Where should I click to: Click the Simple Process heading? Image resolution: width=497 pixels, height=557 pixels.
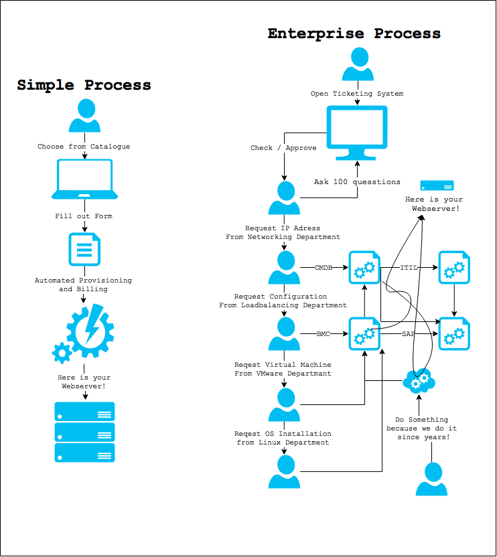click(84, 85)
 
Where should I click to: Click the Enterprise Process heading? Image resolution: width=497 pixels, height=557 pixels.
click(354, 33)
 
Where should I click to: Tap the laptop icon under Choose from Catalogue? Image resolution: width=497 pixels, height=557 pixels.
click(85, 179)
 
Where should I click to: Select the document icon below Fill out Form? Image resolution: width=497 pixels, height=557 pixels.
click(84, 249)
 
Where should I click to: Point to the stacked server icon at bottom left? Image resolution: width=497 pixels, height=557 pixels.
click(84, 432)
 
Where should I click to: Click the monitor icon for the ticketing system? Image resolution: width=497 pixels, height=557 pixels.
click(356, 132)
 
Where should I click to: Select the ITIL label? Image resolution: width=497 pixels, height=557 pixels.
click(409, 268)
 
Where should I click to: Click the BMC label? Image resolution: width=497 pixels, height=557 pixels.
click(324, 333)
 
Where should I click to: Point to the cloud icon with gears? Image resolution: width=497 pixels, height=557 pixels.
click(419, 382)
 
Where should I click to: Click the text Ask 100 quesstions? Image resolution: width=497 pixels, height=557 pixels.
click(357, 181)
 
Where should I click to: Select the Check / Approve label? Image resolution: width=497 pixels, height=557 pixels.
click(283, 148)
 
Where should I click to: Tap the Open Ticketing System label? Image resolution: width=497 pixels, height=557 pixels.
click(357, 94)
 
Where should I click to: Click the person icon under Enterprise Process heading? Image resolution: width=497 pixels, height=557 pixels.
click(358, 64)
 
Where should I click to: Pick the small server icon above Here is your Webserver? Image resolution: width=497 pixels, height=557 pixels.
click(437, 185)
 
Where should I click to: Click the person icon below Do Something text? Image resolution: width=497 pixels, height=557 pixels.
click(431, 479)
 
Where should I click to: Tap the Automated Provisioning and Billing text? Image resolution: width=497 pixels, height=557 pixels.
click(83, 285)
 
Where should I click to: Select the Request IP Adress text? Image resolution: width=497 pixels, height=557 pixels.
click(283, 228)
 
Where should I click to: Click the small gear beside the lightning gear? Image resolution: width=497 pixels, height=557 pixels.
click(62, 352)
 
